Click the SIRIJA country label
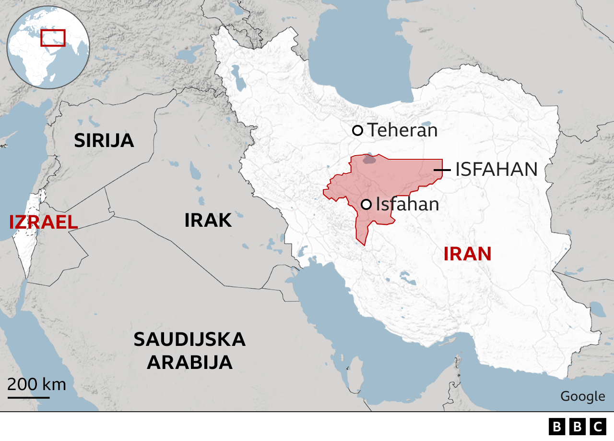coord(104,140)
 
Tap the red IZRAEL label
coord(43,222)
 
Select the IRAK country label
coord(208,220)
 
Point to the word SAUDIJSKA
coord(189,340)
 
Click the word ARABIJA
coord(189,362)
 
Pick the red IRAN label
coord(467,254)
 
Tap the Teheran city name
coord(402,130)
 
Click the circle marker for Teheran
coord(357,130)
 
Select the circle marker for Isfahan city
coord(366,205)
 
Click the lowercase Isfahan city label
coord(407,204)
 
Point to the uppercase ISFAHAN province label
coord(496,170)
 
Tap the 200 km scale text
coord(36,384)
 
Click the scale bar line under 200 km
coord(28,397)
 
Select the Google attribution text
coord(582,396)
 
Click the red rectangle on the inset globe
coord(53,37)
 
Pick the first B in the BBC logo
coord(557,426)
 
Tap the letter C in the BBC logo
coord(598,426)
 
